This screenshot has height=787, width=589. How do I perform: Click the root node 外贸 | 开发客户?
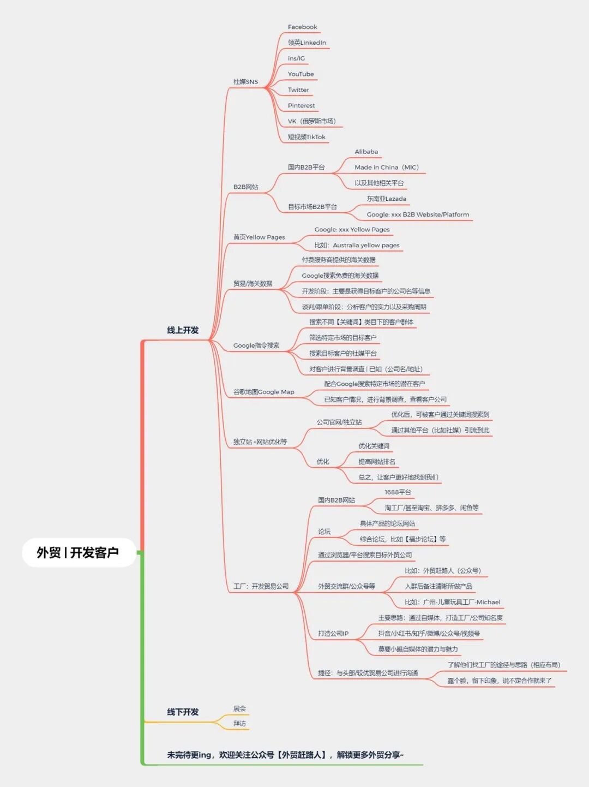[78, 552]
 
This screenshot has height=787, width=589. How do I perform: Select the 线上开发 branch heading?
[183, 330]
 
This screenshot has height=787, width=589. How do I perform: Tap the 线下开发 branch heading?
[183, 712]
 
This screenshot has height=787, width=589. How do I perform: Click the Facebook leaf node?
[302, 27]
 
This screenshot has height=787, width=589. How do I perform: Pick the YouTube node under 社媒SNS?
[300, 74]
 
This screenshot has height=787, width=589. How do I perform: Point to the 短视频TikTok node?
[306, 137]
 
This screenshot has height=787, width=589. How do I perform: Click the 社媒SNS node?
[245, 82]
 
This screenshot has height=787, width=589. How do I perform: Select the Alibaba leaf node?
[366, 152]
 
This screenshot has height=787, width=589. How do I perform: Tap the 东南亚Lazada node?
[386, 199]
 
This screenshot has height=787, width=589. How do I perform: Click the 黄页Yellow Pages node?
[259, 237]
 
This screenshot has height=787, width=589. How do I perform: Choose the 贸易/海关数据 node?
[253, 284]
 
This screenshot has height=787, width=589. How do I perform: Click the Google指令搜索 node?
[256, 345]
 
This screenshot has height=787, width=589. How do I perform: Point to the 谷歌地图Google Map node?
[263, 392]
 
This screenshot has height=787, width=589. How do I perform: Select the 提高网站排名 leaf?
[377, 462]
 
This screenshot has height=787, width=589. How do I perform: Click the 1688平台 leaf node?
[398, 492]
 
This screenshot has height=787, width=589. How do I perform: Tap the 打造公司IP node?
[333, 634]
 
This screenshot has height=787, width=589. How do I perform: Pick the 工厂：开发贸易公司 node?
[261, 587]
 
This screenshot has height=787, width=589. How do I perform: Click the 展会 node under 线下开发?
[239, 708]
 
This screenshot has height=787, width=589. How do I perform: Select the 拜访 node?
[239, 724]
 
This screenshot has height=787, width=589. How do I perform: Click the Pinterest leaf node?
[301, 106]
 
